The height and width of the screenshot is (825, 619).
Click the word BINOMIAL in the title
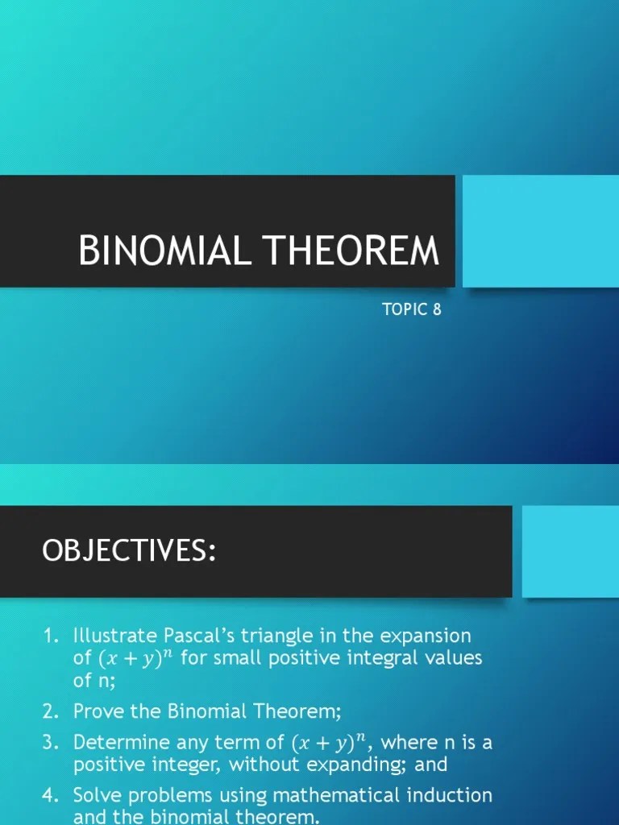click(x=166, y=251)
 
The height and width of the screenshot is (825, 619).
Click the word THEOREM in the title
click(x=351, y=251)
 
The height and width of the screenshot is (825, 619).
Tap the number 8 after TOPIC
click(x=437, y=309)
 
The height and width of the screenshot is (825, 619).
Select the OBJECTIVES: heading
click(x=129, y=552)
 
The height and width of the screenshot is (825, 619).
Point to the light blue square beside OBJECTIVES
click(x=571, y=552)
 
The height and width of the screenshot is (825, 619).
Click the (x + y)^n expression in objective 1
click(x=135, y=657)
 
